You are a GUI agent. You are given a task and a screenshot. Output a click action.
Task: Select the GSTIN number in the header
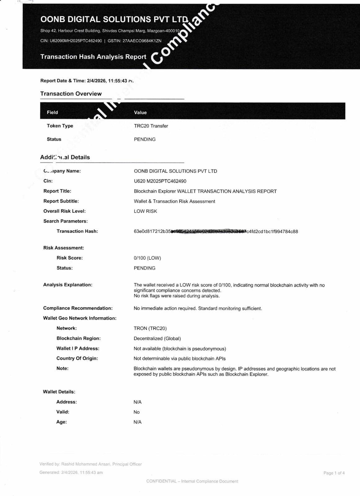pyautogui.click(x=142, y=41)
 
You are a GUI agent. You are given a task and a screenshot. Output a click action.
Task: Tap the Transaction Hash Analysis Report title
pyautogui.click(x=93, y=57)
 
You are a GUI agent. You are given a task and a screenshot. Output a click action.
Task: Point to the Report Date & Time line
pyautogui.click(x=87, y=81)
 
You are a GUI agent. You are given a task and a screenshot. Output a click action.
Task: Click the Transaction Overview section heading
pyautogui.click(x=71, y=94)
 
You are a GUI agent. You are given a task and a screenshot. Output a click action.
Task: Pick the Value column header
pyautogui.click(x=140, y=113)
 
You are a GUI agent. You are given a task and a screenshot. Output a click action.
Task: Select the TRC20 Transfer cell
pyautogui.click(x=151, y=126)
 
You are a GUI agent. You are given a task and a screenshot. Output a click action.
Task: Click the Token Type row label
pyautogui.click(x=60, y=126)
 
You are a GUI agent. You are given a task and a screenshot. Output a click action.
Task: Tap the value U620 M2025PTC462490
pyautogui.click(x=160, y=181)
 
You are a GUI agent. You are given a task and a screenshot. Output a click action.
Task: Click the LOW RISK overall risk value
pyautogui.click(x=145, y=211)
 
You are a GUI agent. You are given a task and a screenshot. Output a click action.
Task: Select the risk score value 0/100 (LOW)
pyautogui.click(x=147, y=258)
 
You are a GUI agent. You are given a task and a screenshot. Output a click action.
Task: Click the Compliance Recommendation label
pyautogui.click(x=78, y=308)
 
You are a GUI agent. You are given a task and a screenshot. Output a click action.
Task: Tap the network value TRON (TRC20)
pyautogui.click(x=150, y=328)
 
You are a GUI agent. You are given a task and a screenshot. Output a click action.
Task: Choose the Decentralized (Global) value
pyautogui.click(x=157, y=339)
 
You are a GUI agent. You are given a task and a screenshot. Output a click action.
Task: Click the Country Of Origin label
pyautogui.click(x=77, y=358)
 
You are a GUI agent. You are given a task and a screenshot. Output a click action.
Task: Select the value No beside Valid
pyautogui.click(x=137, y=412)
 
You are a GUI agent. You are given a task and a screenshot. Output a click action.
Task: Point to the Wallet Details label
pyautogui.click(x=59, y=392)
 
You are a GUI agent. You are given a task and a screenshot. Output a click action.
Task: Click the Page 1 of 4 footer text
pyautogui.click(x=334, y=473)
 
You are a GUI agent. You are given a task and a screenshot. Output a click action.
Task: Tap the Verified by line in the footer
pyautogui.click(x=90, y=464)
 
